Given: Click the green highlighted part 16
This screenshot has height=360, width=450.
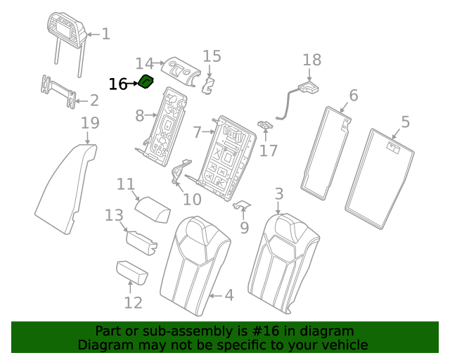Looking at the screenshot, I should (146, 82).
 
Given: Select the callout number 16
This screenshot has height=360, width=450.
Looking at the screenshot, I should (118, 84).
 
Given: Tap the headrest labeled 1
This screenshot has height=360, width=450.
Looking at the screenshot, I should (67, 32).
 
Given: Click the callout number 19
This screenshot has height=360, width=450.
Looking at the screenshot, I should (89, 123).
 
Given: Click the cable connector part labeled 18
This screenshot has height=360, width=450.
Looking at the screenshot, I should (307, 89).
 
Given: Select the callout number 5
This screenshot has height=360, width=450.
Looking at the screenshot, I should (405, 122).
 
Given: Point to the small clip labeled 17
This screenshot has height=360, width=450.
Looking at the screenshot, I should (265, 125).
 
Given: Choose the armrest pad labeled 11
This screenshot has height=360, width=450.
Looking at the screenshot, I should (153, 210).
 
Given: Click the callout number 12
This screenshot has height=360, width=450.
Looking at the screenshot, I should (133, 302).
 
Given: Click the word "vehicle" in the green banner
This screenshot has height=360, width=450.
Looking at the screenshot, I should (342, 345).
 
